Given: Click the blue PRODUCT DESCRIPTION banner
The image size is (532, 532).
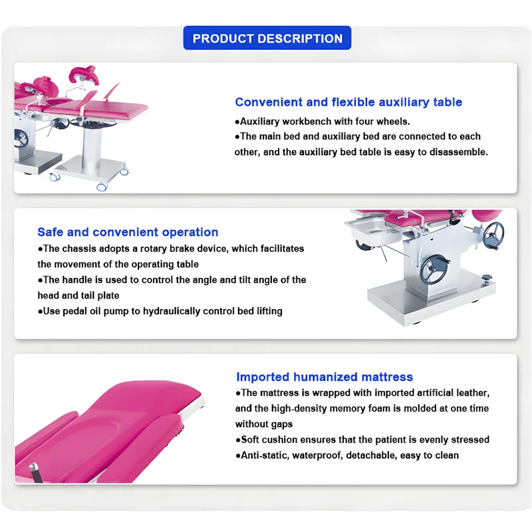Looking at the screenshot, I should click(x=267, y=39).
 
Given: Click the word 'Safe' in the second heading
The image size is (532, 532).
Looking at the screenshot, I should click(x=51, y=232).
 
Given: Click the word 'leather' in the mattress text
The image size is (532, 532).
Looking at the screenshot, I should click(x=471, y=393).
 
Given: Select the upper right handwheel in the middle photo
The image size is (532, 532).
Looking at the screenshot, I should click(x=493, y=234).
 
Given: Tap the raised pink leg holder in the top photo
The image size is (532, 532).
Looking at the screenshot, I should click(x=85, y=73).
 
